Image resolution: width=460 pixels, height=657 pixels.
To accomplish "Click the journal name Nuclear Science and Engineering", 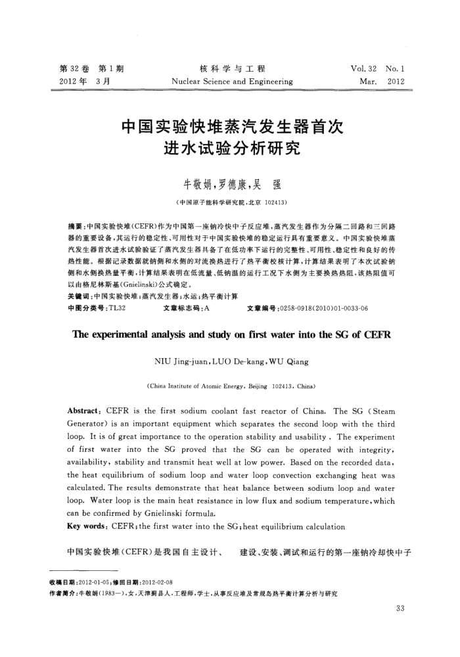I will pos(231,82).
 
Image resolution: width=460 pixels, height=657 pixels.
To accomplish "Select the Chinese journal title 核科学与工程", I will pos(231,68).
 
